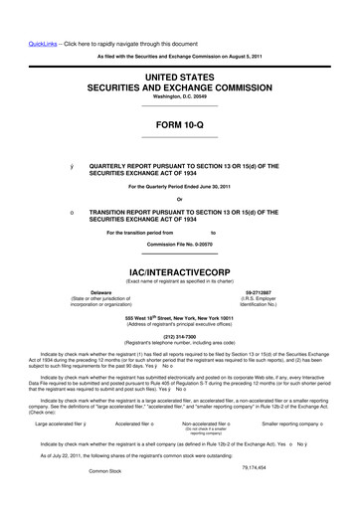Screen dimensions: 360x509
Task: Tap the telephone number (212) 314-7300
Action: [x=180, y=335]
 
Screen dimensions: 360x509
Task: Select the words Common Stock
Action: [x=110, y=499]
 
